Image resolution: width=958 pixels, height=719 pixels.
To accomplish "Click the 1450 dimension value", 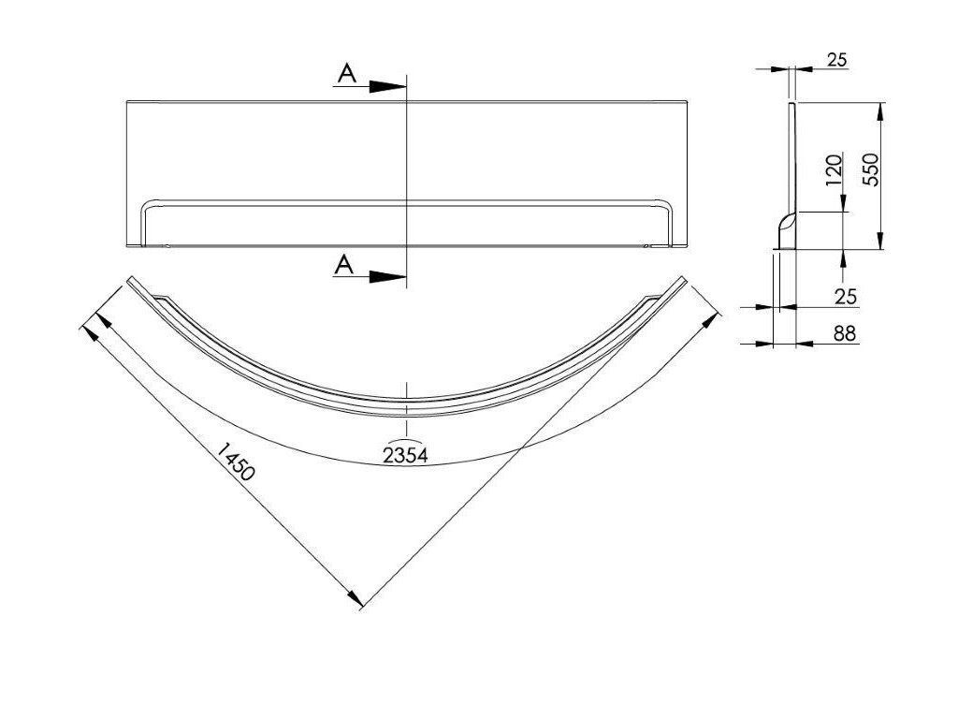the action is click(234, 462).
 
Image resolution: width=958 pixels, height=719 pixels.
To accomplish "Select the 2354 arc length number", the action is click(405, 456).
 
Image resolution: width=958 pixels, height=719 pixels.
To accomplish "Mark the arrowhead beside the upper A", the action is click(387, 86).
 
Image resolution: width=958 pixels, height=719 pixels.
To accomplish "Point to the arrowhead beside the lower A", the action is click(387, 277).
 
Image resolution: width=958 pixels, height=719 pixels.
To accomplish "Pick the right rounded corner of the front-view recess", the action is click(664, 207).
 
